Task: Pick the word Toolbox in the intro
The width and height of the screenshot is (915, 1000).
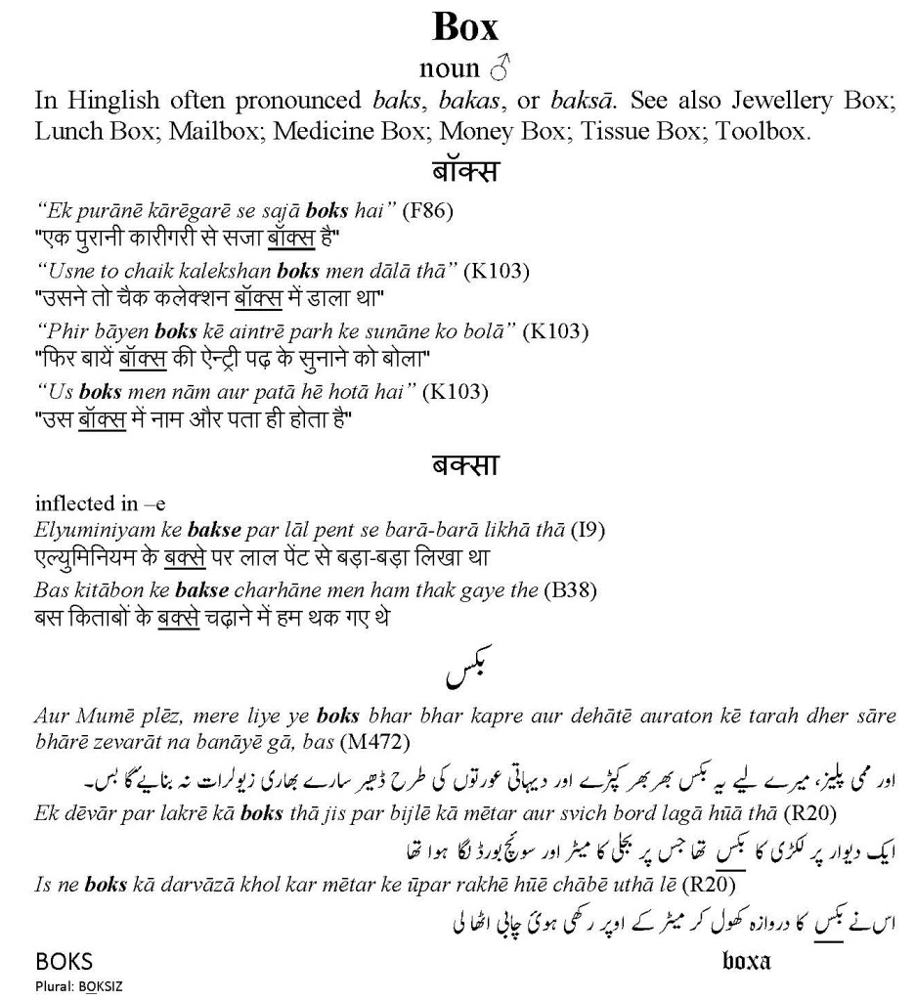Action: (x=762, y=131)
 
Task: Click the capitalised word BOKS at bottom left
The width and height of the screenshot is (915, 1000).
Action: (x=64, y=961)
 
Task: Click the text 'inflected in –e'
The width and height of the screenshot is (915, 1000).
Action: (x=101, y=504)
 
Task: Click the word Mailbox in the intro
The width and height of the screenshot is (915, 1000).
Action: (x=211, y=131)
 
